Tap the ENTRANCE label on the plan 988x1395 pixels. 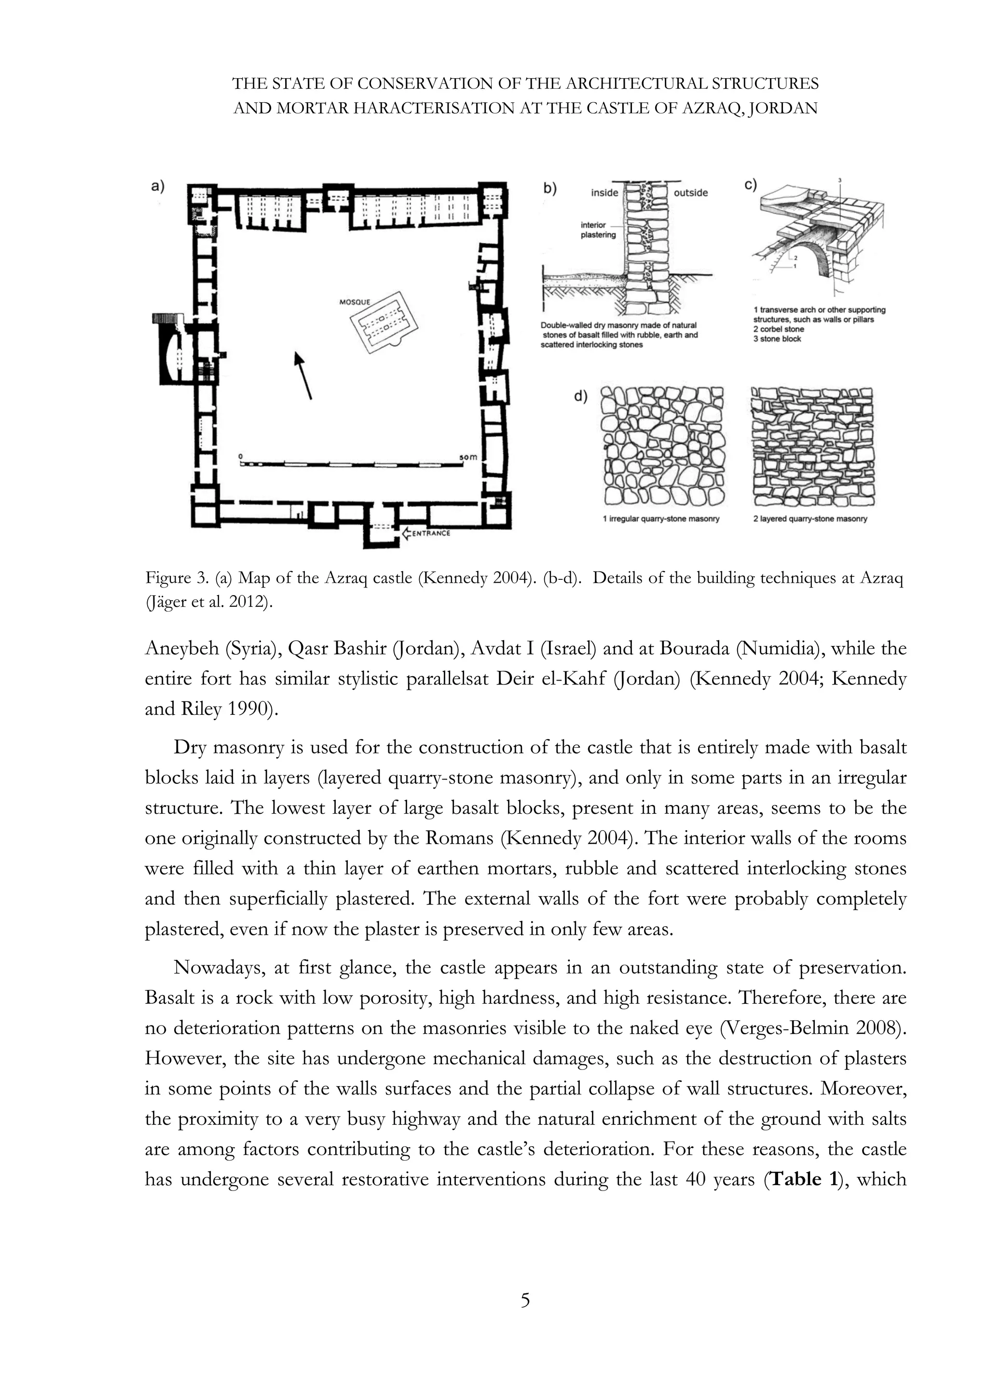click(x=431, y=533)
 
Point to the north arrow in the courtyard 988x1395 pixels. click(x=302, y=375)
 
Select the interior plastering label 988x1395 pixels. click(x=598, y=230)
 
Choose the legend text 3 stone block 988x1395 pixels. click(x=777, y=339)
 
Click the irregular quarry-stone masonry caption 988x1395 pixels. click(x=661, y=519)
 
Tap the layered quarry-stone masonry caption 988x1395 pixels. click(x=810, y=519)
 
